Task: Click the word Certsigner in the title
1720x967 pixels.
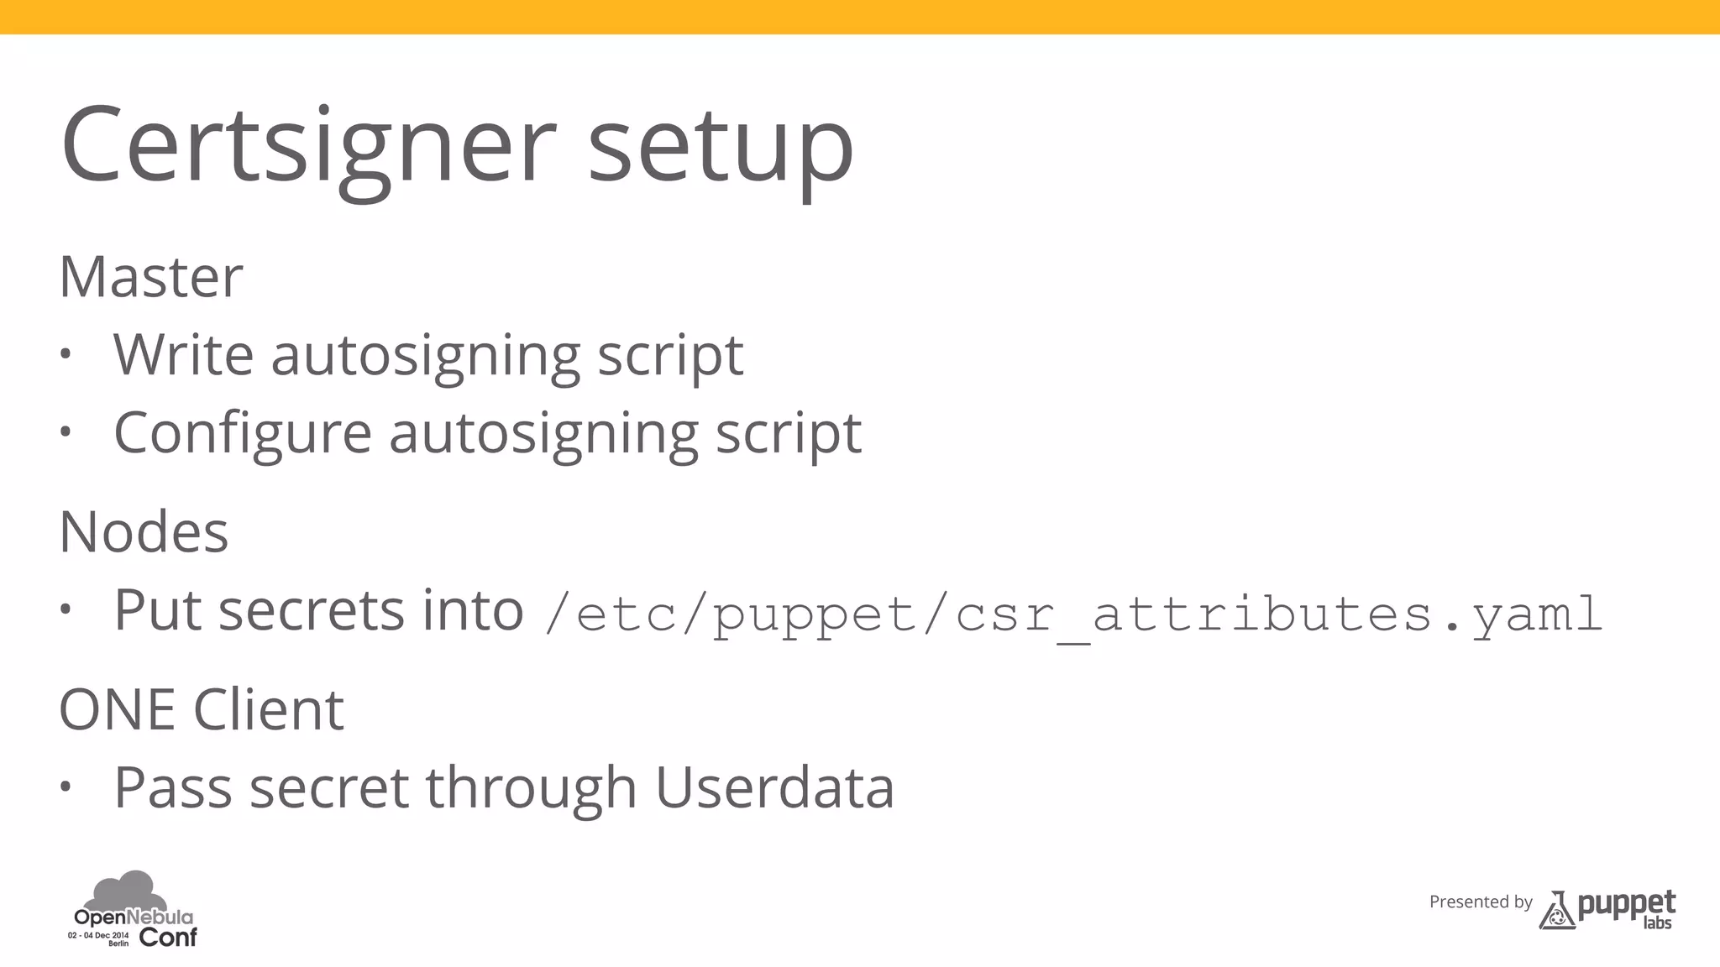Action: coord(307,144)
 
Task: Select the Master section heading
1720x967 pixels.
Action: coord(151,277)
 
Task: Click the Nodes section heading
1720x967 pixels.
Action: coord(144,532)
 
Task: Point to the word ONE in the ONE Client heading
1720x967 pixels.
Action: coord(117,710)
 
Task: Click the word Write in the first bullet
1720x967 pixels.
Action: coord(184,354)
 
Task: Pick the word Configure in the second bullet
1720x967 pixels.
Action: coord(243,433)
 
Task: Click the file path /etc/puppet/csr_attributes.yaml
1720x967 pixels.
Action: coord(1073,614)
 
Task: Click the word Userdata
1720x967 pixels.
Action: coord(774,788)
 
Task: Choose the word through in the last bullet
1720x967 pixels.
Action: coord(531,788)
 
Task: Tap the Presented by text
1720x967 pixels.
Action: coord(1481,902)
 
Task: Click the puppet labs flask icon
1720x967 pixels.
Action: coord(1557,911)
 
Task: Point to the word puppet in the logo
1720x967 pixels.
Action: coord(1626,905)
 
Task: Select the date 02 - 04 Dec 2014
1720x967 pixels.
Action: coord(98,935)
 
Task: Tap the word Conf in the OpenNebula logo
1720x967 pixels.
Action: coord(168,938)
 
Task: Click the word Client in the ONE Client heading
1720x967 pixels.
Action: coord(269,710)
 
